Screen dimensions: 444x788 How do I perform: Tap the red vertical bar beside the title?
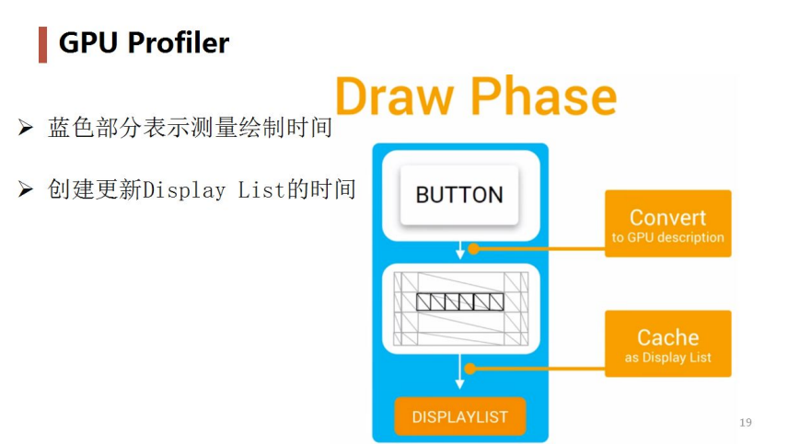click(x=42, y=44)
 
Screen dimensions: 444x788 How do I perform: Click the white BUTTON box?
click(x=459, y=195)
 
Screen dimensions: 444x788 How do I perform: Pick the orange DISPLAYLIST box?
click(x=459, y=416)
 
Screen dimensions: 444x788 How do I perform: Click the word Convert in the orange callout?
click(x=667, y=218)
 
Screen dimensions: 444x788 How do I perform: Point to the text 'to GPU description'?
click(x=667, y=238)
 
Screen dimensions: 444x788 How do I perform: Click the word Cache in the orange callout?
click(x=667, y=337)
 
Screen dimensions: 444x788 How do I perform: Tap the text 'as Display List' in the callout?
click(x=667, y=358)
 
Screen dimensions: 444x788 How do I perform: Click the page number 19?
click(x=746, y=423)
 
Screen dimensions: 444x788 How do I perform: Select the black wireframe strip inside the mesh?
click(x=459, y=302)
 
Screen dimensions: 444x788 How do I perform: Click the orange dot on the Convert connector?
click(x=473, y=248)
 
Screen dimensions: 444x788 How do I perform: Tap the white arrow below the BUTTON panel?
click(x=460, y=252)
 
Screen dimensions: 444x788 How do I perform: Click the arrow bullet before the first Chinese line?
click(x=26, y=128)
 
